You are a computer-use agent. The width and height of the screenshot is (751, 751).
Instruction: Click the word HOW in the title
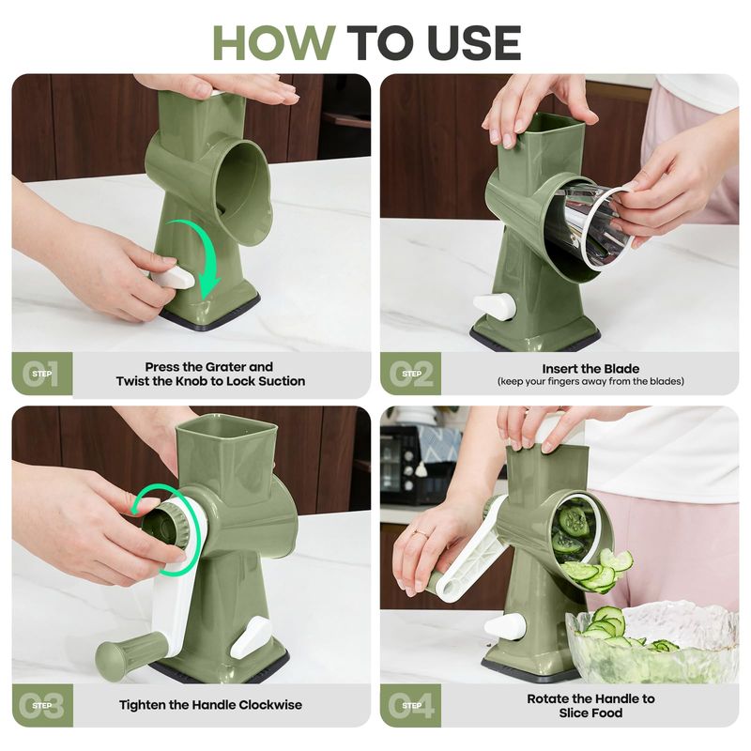tap(274, 43)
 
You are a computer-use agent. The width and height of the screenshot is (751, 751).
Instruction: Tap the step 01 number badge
tap(42, 374)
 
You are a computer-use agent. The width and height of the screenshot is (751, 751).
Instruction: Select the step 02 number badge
tap(411, 374)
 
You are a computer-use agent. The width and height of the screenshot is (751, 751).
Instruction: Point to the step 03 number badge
tap(42, 706)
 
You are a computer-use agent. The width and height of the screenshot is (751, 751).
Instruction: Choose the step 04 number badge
tap(411, 706)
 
